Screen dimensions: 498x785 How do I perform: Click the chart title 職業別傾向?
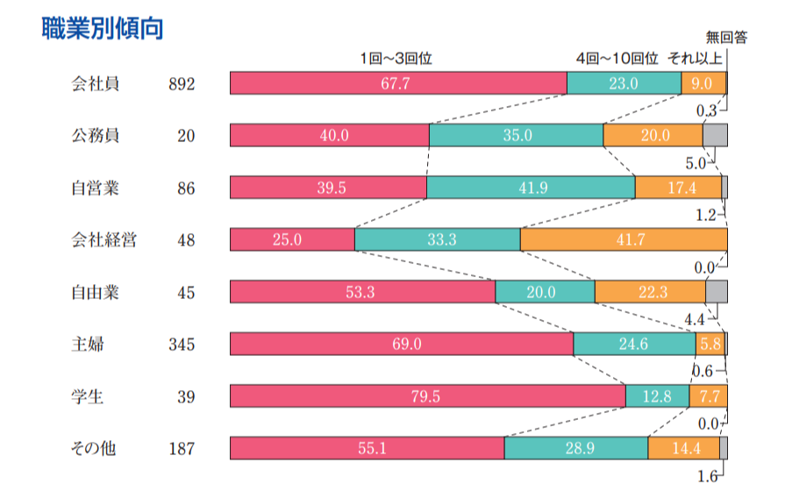pos(103,28)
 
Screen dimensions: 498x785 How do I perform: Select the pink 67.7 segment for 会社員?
pos(398,83)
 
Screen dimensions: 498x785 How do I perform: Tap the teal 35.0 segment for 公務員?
pos(516,135)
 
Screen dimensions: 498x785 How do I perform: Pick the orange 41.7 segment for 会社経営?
pos(623,239)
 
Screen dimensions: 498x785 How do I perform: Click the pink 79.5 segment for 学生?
pos(427,396)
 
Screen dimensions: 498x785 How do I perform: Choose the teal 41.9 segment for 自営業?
pos(531,188)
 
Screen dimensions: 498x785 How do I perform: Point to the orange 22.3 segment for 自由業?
pos(650,292)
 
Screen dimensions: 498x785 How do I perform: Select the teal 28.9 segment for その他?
pos(576,448)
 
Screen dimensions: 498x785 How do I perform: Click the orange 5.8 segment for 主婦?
pos(710,344)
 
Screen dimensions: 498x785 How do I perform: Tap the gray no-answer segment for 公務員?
pos(715,135)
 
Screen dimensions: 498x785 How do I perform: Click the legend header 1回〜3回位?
pos(397,59)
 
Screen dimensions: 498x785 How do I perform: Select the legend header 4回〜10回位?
pos(617,59)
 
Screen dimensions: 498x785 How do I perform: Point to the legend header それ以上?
pos(695,59)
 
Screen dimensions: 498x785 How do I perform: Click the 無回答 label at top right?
pos(727,38)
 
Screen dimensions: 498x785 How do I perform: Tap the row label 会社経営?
pos(103,239)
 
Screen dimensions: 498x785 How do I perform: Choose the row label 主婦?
pos(88,344)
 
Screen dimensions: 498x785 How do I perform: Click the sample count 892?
pos(182,84)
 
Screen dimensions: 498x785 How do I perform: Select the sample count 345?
pos(182,345)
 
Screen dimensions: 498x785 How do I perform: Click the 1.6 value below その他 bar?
pos(708,476)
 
